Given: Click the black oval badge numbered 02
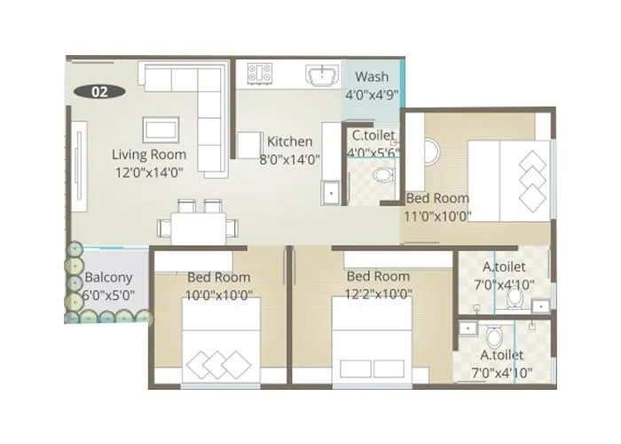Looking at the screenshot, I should (99, 91).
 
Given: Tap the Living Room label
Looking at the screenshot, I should (149, 155).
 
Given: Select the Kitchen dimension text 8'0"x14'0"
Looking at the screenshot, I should (289, 160).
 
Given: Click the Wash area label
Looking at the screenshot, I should (373, 75).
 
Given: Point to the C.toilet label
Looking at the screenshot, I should (373, 136).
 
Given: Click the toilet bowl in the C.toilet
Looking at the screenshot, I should (383, 175).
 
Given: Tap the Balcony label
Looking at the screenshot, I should (108, 278).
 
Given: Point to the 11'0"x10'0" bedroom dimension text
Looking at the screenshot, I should (438, 215).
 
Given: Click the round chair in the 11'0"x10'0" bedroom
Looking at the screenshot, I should (429, 153).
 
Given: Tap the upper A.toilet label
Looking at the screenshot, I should (504, 266).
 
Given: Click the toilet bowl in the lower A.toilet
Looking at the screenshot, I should (495, 338).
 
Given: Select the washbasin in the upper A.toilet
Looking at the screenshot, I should (539, 306).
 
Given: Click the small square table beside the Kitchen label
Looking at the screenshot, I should (248, 144).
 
